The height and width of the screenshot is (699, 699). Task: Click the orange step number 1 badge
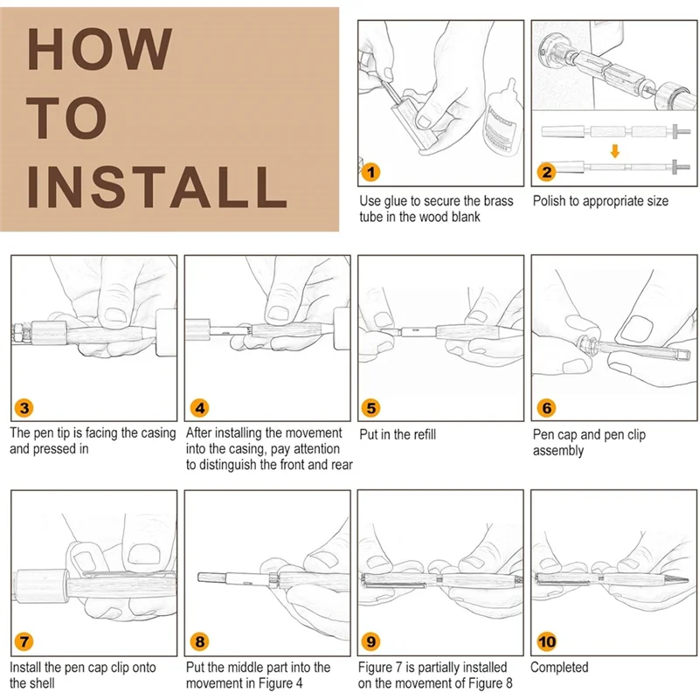[370, 172]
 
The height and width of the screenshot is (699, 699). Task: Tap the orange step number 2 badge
[547, 172]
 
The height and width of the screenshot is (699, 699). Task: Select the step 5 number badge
[370, 408]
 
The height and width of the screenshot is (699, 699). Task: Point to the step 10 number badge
[547, 641]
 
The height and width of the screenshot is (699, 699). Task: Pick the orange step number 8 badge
[200, 641]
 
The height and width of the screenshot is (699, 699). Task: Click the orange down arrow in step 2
[615, 151]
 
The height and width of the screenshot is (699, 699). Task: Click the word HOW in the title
[100, 49]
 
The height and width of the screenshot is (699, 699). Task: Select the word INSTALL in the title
[157, 187]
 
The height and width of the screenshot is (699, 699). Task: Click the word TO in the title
[67, 118]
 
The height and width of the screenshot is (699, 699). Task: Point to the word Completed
[559, 668]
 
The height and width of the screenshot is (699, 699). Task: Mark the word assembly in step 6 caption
[558, 451]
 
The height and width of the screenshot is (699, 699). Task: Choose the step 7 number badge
[24, 641]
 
